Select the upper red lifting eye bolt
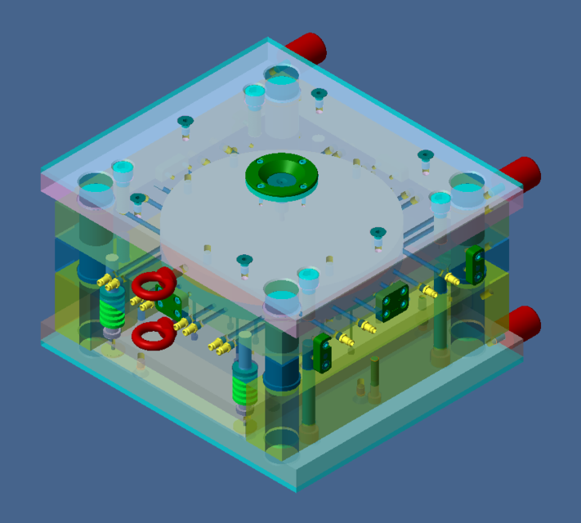[x=154, y=284]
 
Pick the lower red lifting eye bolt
[x=153, y=334]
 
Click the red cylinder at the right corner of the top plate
[x=522, y=172]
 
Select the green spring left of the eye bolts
[x=111, y=310]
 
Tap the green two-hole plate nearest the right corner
[x=475, y=262]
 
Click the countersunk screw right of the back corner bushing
[x=319, y=95]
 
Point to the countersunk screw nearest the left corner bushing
[x=137, y=199]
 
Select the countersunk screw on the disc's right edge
[x=377, y=233]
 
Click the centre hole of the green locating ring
[x=282, y=177]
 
